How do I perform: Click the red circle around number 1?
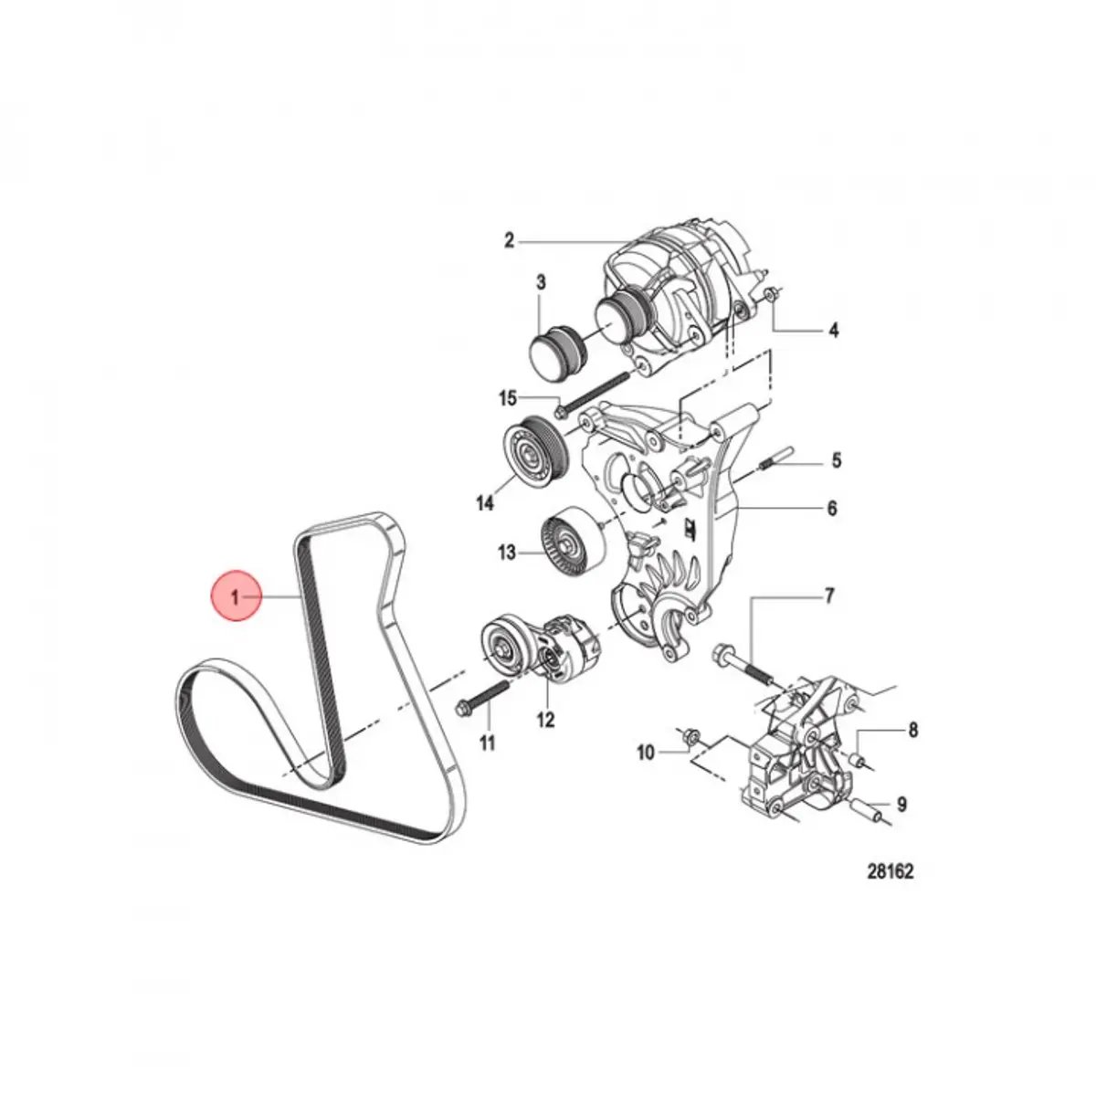click(x=236, y=596)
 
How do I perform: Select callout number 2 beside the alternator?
click(x=509, y=240)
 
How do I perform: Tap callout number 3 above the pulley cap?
click(x=541, y=282)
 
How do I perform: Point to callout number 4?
click(x=833, y=330)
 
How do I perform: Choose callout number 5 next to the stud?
click(x=836, y=459)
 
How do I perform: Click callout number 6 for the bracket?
click(x=832, y=508)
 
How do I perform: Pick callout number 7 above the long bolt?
click(x=830, y=596)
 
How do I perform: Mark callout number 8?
click(x=913, y=729)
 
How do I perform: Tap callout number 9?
click(x=901, y=805)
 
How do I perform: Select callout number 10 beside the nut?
click(x=646, y=753)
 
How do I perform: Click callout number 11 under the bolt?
click(x=488, y=743)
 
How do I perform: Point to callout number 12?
click(x=545, y=720)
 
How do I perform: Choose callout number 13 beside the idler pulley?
click(x=506, y=552)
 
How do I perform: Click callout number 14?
click(x=485, y=502)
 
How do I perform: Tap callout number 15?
click(x=507, y=399)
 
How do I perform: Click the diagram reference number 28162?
click(x=890, y=887)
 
